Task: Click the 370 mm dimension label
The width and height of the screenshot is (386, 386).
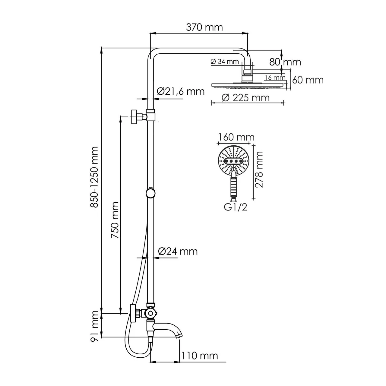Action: pyautogui.click(x=204, y=27)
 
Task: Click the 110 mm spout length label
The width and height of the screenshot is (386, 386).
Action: pyautogui.click(x=199, y=356)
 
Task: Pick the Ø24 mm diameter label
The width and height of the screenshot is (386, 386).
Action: pyautogui.click(x=178, y=251)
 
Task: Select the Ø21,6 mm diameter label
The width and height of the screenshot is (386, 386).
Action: pyautogui.click(x=181, y=91)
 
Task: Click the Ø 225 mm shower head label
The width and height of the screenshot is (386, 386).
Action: pyautogui.click(x=245, y=98)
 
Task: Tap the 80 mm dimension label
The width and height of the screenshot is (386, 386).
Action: pyautogui.click(x=285, y=62)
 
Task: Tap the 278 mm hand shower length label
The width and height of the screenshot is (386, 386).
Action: pyautogui.click(x=259, y=169)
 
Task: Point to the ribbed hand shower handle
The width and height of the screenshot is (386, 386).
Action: pyautogui.click(x=234, y=185)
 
